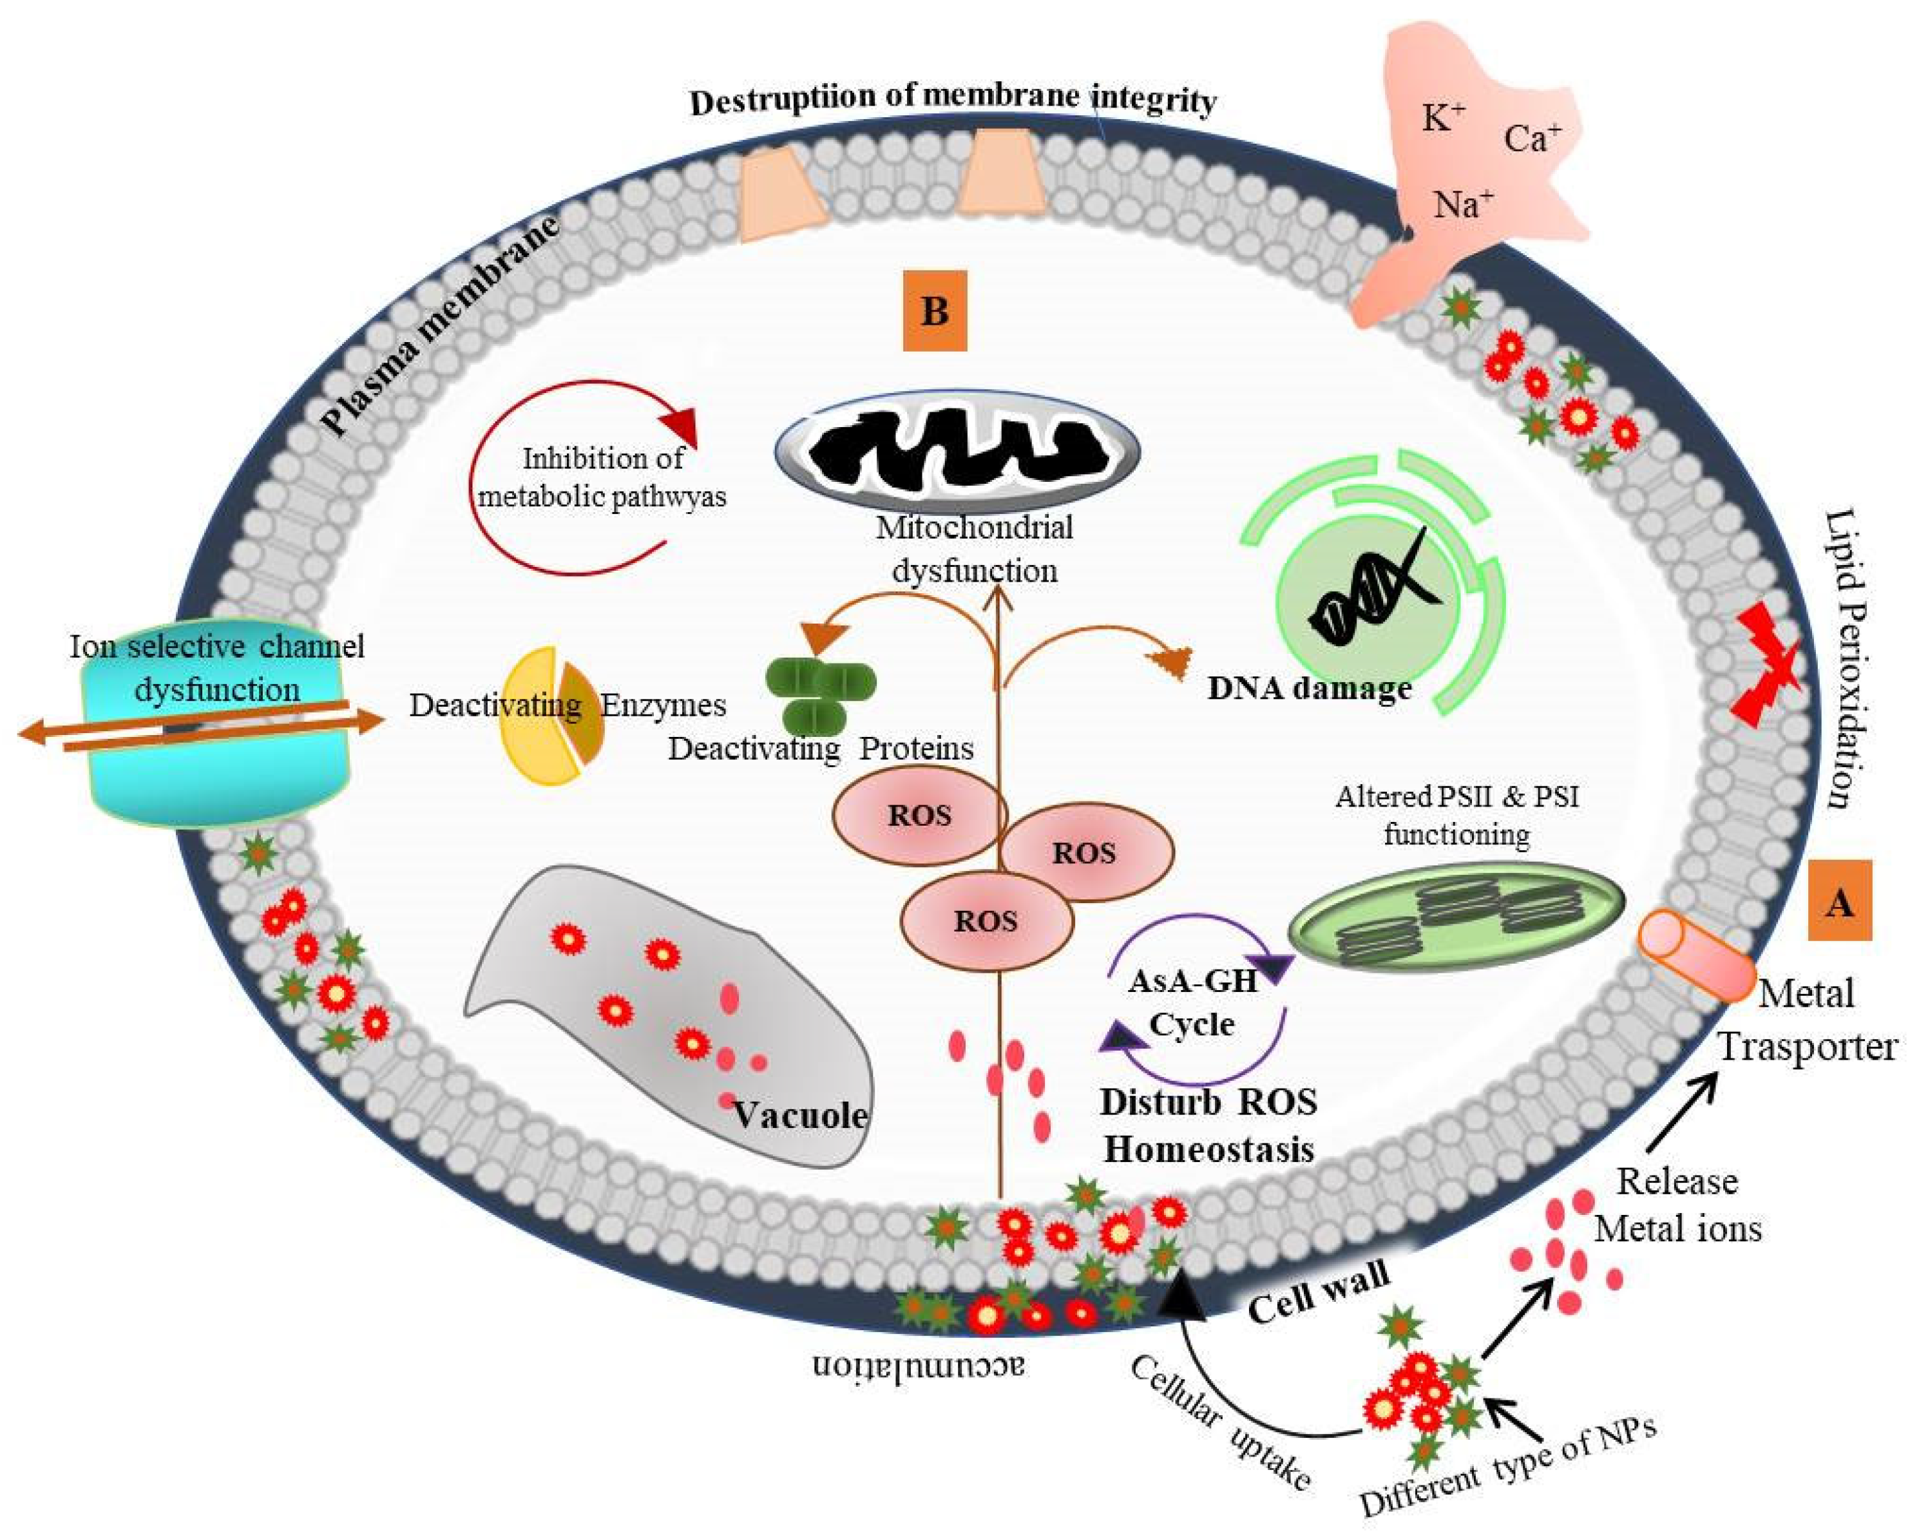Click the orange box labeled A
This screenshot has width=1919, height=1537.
pyautogui.click(x=1839, y=902)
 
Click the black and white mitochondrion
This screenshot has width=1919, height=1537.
pyautogui.click(x=957, y=450)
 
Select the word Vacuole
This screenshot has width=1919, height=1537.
pyautogui.click(x=799, y=1114)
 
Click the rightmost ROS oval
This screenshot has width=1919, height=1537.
pyautogui.click(x=1085, y=853)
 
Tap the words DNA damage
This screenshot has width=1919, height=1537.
pyautogui.click(x=1308, y=687)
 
